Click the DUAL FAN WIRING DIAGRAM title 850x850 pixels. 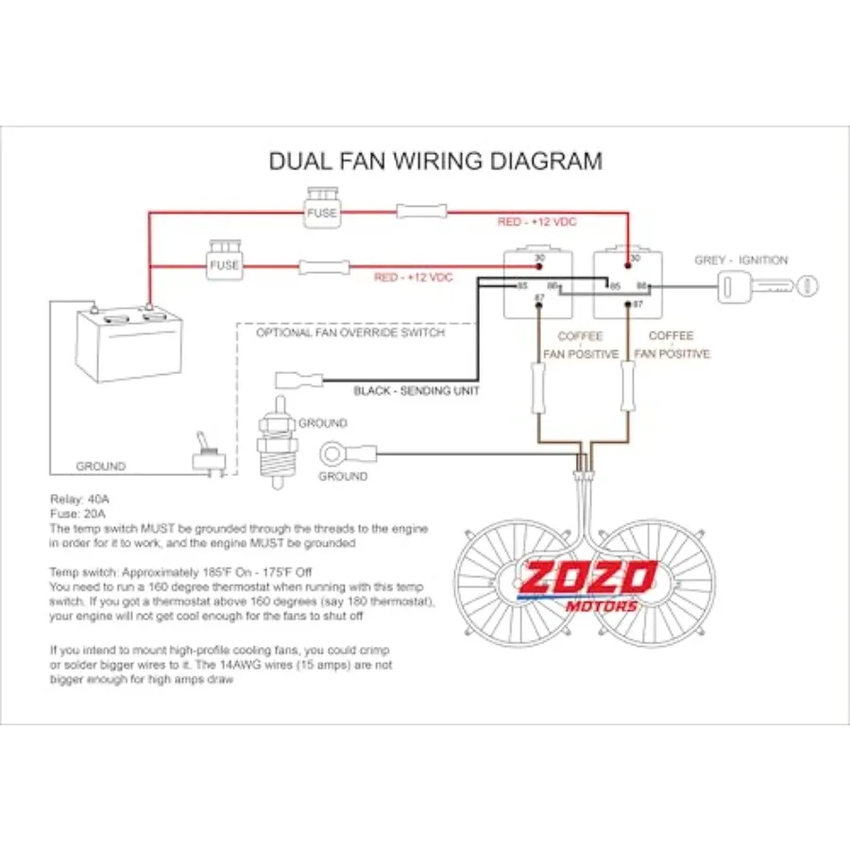pyautogui.click(x=435, y=161)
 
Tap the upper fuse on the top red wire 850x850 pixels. pyautogui.click(x=322, y=208)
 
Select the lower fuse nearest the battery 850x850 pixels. pyautogui.click(x=225, y=261)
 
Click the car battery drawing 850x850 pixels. pyautogui.click(x=129, y=343)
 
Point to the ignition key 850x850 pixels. pyautogui.click(x=768, y=285)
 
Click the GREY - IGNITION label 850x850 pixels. pyautogui.click(x=741, y=261)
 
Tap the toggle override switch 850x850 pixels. pyautogui.click(x=209, y=455)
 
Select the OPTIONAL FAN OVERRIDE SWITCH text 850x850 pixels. pyautogui.click(x=350, y=332)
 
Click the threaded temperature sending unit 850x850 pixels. pyautogui.click(x=278, y=442)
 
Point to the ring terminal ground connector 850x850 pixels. pyautogui.click(x=348, y=453)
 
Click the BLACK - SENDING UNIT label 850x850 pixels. pyautogui.click(x=416, y=391)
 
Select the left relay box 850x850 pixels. pyautogui.click(x=537, y=284)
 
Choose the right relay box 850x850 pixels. pyautogui.click(x=628, y=284)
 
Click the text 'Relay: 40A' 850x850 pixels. pyautogui.click(x=79, y=499)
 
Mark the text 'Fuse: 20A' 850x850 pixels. pyautogui.click(x=77, y=514)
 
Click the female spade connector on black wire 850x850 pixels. pyautogui.click(x=299, y=380)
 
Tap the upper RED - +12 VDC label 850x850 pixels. pyautogui.click(x=536, y=222)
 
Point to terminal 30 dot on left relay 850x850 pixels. pyautogui.click(x=539, y=266)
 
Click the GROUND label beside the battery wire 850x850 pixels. pyautogui.click(x=101, y=467)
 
